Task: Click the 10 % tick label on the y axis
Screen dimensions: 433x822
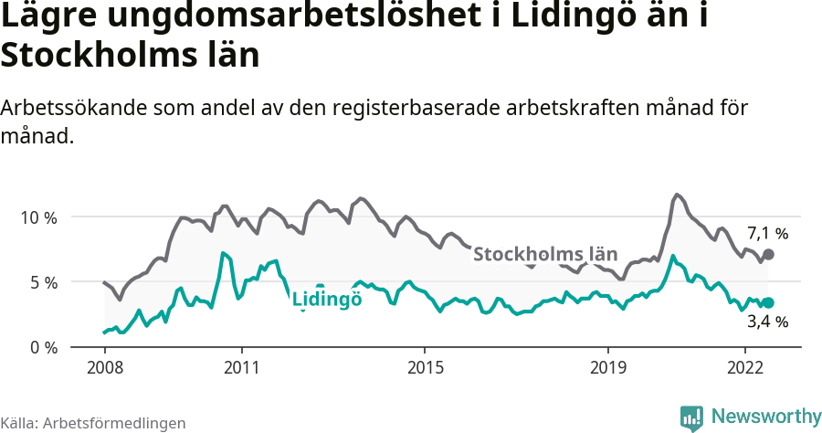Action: click(38, 217)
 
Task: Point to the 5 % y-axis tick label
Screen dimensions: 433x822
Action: click(42, 282)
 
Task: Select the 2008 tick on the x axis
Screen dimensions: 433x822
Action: click(104, 367)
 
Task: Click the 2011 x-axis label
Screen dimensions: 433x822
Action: click(242, 367)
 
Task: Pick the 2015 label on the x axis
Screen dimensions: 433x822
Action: click(425, 367)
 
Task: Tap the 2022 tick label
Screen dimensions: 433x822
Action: click(745, 367)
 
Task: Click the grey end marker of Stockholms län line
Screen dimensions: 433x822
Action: click(768, 254)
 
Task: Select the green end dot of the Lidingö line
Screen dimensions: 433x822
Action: click(768, 302)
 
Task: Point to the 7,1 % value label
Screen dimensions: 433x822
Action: click(767, 233)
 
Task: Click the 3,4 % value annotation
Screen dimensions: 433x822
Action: click(767, 322)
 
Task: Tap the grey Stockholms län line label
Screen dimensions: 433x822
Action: click(545, 254)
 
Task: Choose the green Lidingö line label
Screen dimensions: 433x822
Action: click(327, 299)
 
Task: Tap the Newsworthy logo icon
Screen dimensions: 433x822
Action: click(691, 417)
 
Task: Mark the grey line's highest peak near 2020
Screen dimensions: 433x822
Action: click(676, 195)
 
